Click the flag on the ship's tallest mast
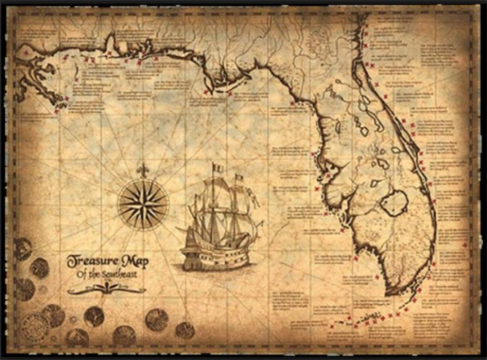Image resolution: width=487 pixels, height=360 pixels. (x=217, y=168)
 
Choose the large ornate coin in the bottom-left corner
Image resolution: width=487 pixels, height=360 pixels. (x=34, y=328)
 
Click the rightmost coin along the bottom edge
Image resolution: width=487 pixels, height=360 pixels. (x=185, y=330)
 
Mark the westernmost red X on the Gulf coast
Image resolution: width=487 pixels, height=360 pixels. (x=26, y=53)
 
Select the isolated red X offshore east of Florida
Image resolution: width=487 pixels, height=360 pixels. (x=465, y=247)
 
